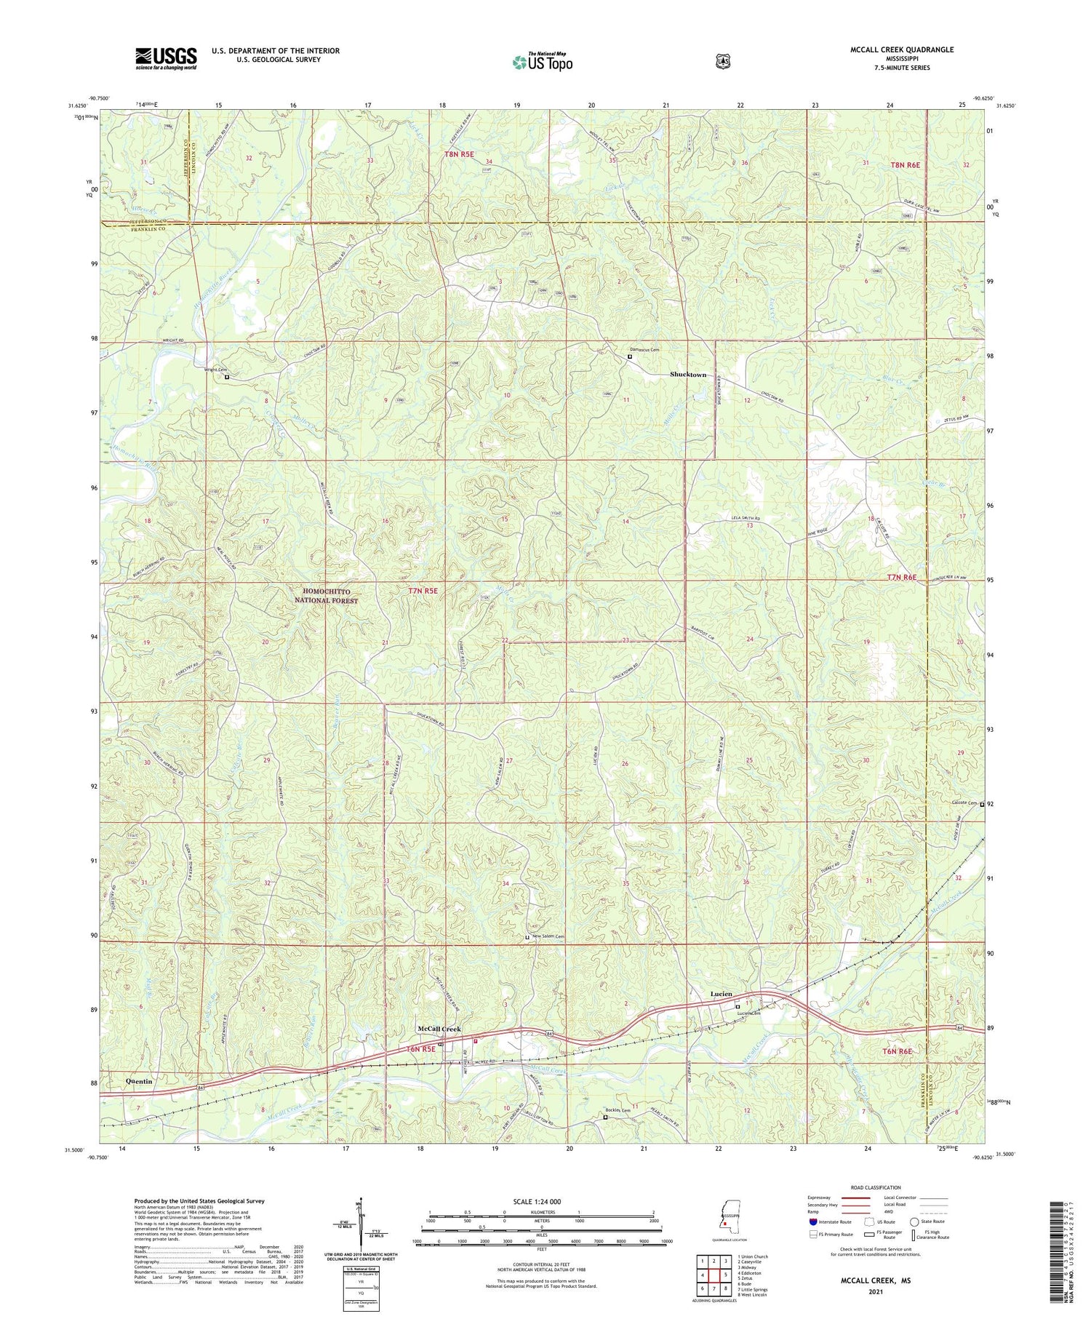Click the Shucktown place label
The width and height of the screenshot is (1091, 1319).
point(687,375)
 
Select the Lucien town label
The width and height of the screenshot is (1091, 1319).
point(721,994)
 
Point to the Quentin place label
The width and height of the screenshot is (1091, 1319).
point(139,1081)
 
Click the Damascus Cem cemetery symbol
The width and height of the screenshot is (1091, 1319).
point(630,356)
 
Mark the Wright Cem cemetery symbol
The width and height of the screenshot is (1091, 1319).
point(226,378)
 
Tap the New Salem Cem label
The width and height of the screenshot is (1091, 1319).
point(548,936)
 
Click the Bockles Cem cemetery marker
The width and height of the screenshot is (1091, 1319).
point(605,1117)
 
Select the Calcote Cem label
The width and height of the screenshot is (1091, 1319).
point(962,803)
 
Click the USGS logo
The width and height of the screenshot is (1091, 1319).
point(166,58)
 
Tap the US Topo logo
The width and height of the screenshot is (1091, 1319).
point(543,62)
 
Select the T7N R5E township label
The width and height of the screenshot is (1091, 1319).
point(423,591)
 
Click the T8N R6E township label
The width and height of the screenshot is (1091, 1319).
point(905,165)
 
